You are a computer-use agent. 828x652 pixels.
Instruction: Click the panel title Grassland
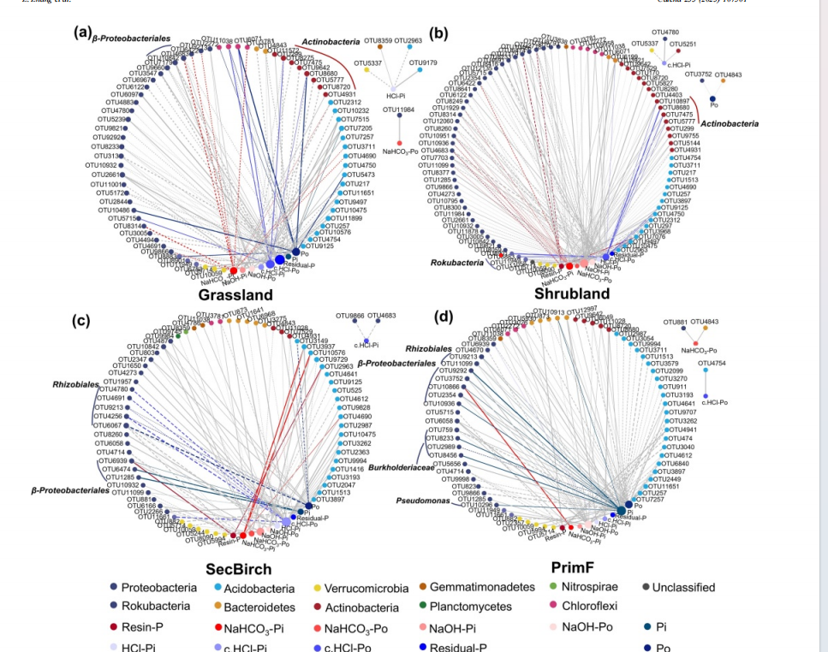[235, 294]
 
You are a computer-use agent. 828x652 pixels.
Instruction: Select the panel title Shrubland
[572, 293]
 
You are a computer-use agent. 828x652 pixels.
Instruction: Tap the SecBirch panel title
[238, 569]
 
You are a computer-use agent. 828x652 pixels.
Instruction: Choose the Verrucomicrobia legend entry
[359, 588]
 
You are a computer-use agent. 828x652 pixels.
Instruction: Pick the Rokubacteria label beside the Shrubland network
[456, 263]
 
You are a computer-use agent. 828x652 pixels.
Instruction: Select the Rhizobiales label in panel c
[75, 385]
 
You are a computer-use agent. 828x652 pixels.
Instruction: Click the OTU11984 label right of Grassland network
[398, 110]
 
